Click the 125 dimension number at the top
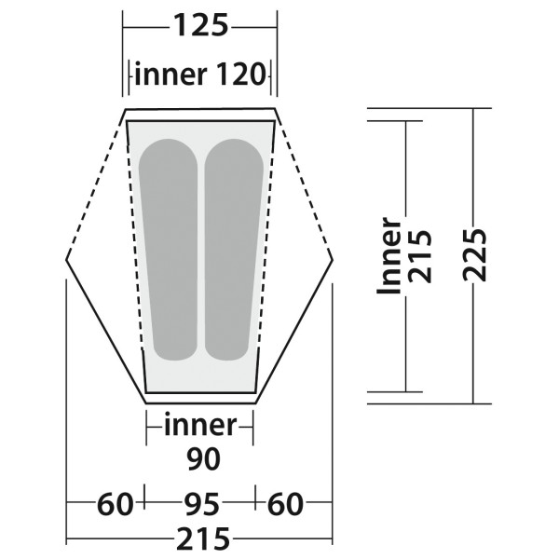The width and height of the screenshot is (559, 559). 200,25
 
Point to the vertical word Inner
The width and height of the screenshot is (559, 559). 390,256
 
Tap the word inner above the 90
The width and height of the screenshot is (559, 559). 199,426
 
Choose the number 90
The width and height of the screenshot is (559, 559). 200,458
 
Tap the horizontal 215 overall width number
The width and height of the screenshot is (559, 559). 199,539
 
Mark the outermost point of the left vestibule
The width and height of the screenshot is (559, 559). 67,253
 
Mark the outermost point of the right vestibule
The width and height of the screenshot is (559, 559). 333,253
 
